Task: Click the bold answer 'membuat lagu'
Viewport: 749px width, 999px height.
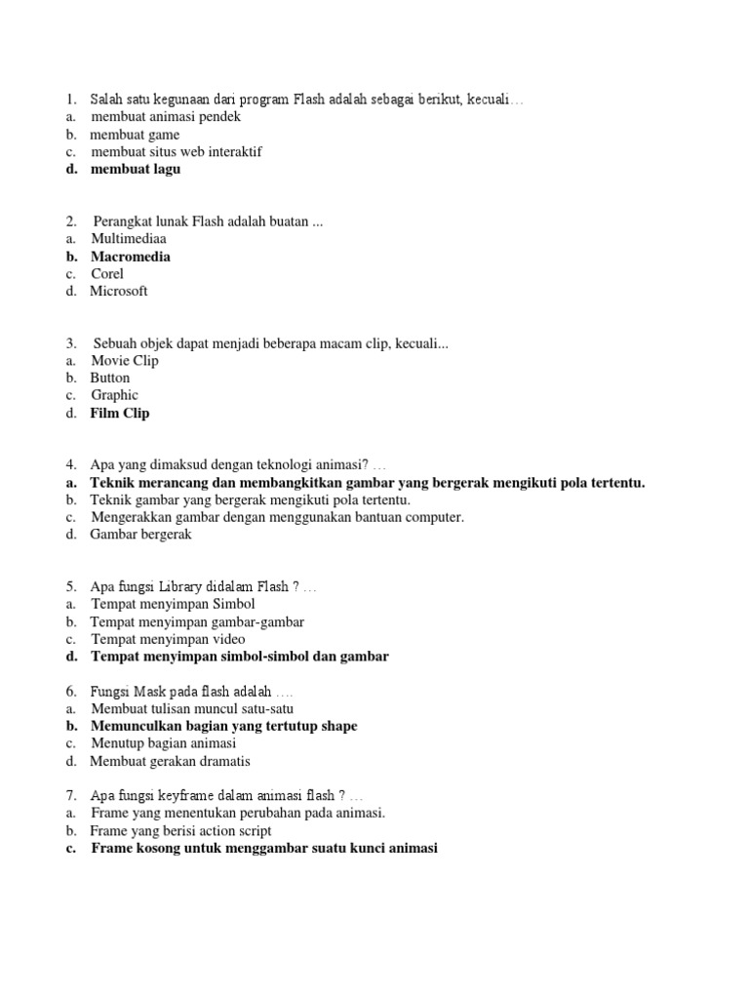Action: click(136, 169)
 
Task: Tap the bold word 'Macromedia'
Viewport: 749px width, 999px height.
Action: click(131, 257)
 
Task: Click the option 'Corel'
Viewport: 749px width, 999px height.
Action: click(107, 274)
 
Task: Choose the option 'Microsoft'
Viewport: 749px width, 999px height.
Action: click(119, 291)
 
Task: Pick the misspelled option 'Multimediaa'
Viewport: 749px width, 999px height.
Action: click(129, 239)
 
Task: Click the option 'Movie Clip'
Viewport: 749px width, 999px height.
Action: click(125, 361)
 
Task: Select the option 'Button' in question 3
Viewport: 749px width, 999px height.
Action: click(110, 379)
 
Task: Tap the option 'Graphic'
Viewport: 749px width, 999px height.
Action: click(115, 395)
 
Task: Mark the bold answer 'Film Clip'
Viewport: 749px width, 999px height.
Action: click(120, 414)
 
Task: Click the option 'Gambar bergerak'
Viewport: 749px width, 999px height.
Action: click(141, 535)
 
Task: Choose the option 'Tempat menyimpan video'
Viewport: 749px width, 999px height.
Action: click(168, 639)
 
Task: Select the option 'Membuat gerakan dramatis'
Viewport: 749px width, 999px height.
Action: click(171, 761)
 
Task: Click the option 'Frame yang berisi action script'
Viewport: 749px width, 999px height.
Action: click(180, 831)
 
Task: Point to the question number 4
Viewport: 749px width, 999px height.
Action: click(71, 465)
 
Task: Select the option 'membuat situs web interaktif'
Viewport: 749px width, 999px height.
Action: click(177, 152)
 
